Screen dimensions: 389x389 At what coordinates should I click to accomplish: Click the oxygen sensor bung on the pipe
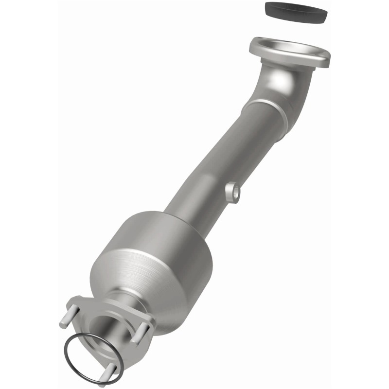tap(234, 191)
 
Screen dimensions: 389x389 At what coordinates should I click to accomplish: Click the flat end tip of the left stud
tap(63, 321)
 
